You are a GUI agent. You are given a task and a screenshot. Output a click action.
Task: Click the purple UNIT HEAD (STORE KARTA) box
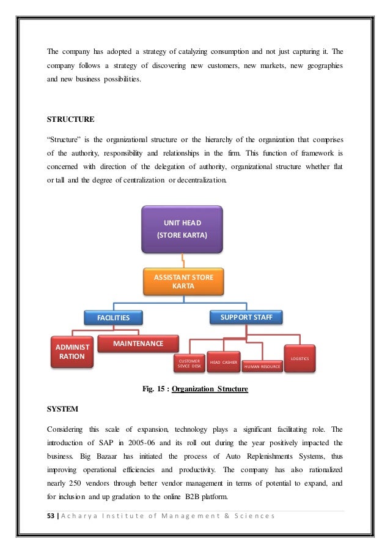tap(182, 229)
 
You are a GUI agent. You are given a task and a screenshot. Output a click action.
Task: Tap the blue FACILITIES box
tap(113, 318)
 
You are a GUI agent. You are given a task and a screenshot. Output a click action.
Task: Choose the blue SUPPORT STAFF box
tap(246, 317)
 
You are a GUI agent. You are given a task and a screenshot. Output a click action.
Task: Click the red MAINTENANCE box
tap(138, 344)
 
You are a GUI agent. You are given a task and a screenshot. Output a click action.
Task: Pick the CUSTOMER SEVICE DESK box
tap(189, 363)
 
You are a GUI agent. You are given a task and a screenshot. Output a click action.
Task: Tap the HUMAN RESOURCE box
tap(262, 366)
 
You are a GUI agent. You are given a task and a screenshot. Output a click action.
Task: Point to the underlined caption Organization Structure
tap(210, 388)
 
